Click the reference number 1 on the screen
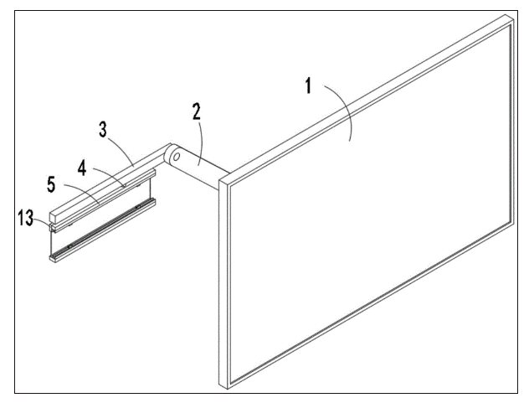coord(308,85)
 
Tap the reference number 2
coord(197,111)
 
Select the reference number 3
coord(103,130)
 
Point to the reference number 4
coord(82,168)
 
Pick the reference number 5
coord(51,185)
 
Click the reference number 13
coord(26,218)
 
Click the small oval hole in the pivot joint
coord(176,157)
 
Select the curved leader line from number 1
coord(342,109)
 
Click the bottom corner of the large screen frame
coord(227,389)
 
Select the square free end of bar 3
coord(54,216)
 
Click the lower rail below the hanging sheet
coord(103,230)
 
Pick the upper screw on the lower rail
coord(137,207)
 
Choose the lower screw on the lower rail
coord(69,246)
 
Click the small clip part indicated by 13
coord(53,227)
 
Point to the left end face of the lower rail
coord(53,259)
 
